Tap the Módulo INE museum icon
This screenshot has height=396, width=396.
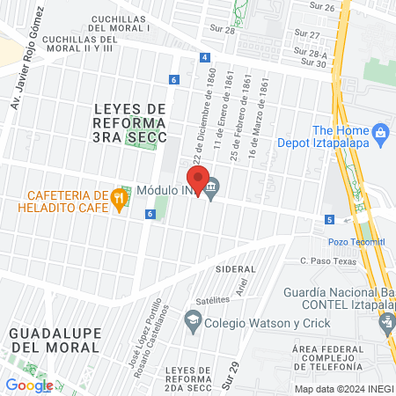pos(212,186)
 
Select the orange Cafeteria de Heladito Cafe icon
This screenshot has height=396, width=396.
pos(119,200)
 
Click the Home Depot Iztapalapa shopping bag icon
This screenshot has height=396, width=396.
pos(381,134)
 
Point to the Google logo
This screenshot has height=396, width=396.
pos(29,385)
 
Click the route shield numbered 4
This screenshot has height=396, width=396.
pos(205,57)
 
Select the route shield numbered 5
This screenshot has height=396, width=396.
pos(329,219)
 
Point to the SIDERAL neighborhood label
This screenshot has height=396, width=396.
pos(235,268)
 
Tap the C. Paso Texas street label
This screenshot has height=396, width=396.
pos(325,260)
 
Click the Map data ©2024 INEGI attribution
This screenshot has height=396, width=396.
pos(343,388)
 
